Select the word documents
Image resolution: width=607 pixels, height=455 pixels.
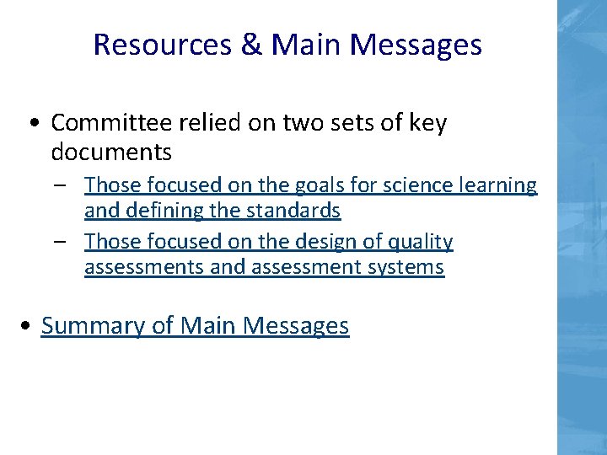pyautogui.click(x=111, y=153)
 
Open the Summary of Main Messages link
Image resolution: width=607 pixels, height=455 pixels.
pyautogui.click(x=195, y=325)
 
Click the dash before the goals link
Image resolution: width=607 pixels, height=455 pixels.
pyautogui.click(x=64, y=185)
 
